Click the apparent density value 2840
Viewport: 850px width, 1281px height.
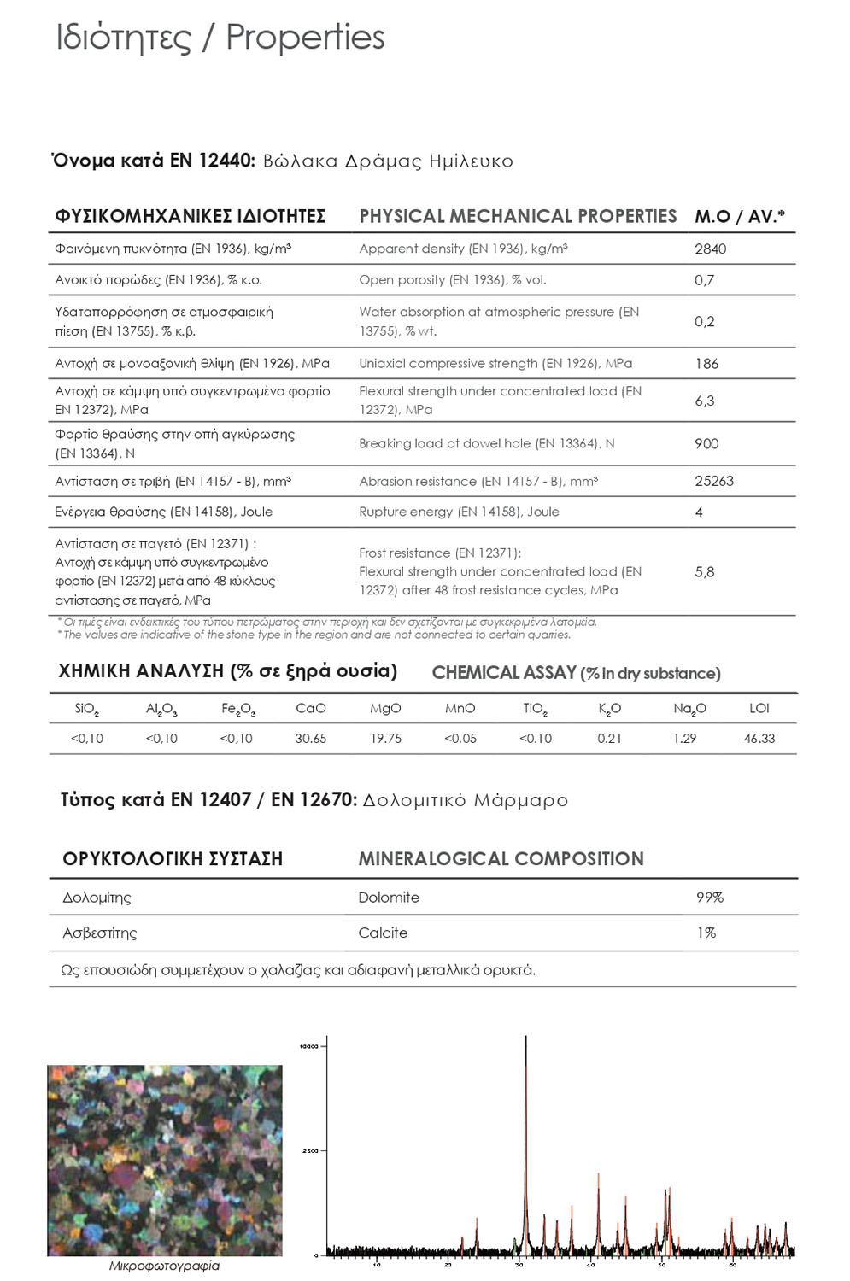coord(710,249)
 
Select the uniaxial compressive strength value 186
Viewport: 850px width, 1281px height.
coord(706,364)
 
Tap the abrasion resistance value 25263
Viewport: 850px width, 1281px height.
coord(714,481)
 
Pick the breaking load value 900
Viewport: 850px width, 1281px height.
coord(706,443)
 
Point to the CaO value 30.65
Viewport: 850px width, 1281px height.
coord(311,739)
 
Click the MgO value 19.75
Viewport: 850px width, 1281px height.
coord(386,739)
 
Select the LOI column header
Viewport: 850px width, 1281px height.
coord(759,708)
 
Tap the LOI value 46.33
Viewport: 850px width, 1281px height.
coord(759,739)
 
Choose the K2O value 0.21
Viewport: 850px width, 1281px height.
coord(610,739)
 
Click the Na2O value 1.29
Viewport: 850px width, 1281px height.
coord(684,739)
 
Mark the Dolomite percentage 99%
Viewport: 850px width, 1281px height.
coord(710,898)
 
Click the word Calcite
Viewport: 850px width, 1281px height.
coord(383,933)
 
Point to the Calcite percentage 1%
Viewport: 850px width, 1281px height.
coord(706,933)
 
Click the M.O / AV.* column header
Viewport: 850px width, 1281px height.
coord(740,217)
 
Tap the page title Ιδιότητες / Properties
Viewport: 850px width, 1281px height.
coord(220,38)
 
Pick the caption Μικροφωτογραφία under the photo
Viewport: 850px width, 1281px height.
coord(164,1266)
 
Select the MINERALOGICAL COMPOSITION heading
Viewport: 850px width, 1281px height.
coord(501,859)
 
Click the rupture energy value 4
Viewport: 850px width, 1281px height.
coord(699,512)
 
